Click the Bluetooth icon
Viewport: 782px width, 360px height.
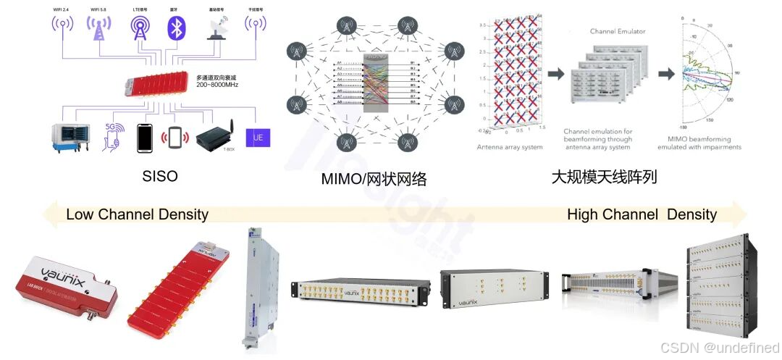[x=176, y=28]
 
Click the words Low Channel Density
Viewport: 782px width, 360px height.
[x=137, y=214]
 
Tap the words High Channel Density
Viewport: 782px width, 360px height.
[x=642, y=214]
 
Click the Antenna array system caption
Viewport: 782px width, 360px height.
[x=510, y=147]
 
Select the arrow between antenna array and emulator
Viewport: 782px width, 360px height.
[x=556, y=75]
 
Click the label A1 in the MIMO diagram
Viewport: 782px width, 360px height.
[x=338, y=63]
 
